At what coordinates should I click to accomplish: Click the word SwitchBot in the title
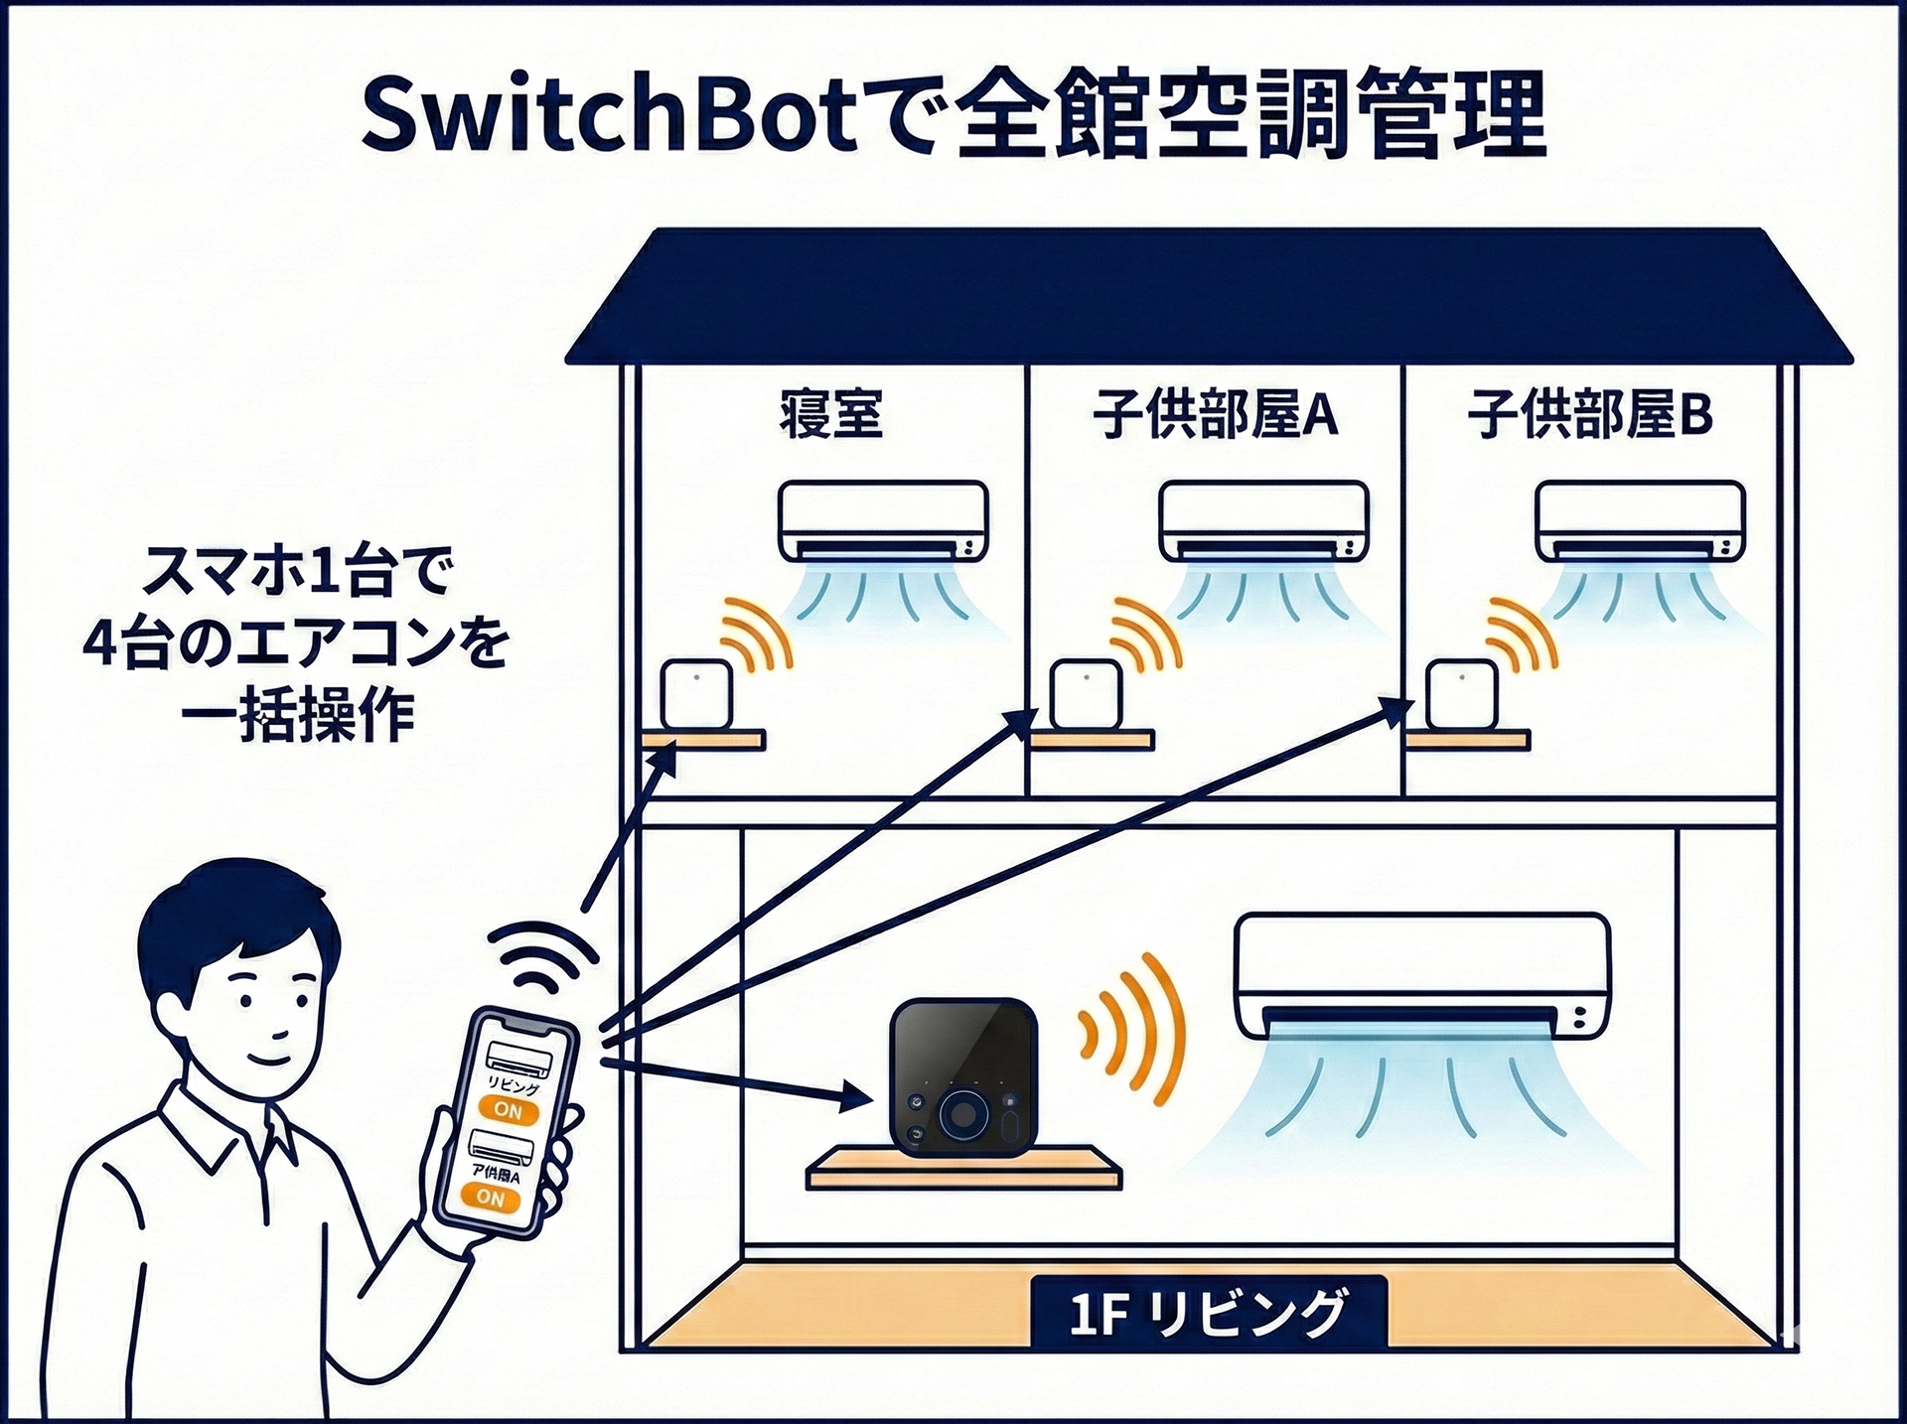[608, 116]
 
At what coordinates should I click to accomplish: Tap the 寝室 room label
[830, 415]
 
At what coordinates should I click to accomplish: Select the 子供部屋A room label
[1215, 415]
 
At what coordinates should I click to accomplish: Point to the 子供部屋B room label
[1590, 415]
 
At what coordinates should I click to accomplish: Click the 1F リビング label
[1209, 1313]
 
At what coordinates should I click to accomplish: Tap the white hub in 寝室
[696, 694]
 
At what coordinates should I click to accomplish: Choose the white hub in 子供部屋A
[1085, 694]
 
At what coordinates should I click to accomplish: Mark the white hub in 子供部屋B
[1460, 694]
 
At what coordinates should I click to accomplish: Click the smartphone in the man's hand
[508, 1122]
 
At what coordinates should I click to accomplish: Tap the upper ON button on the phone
[508, 1110]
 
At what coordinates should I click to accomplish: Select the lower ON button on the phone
[491, 1197]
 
